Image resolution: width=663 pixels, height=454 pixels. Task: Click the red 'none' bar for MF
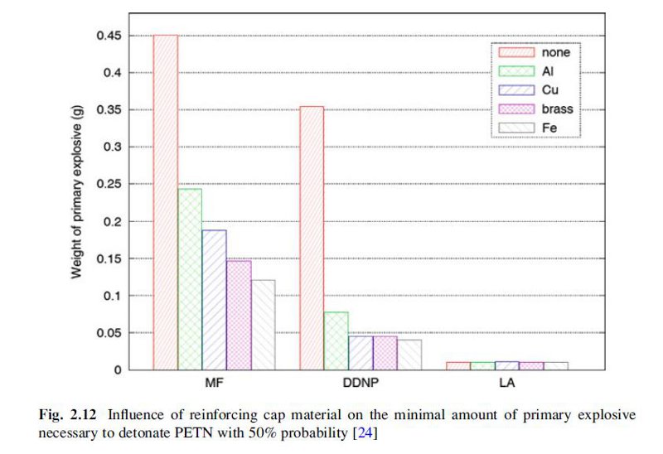[165, 202]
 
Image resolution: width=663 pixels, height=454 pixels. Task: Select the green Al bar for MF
[190, 279]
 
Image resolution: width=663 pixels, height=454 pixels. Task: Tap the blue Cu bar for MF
[214, 300]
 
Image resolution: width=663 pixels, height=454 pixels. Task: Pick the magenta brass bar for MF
[239, 315]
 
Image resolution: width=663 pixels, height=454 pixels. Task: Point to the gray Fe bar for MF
[263, 325]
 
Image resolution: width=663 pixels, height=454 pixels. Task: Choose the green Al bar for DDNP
[336, 340]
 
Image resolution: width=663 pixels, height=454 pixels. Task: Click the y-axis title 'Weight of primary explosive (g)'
[76, 199]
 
